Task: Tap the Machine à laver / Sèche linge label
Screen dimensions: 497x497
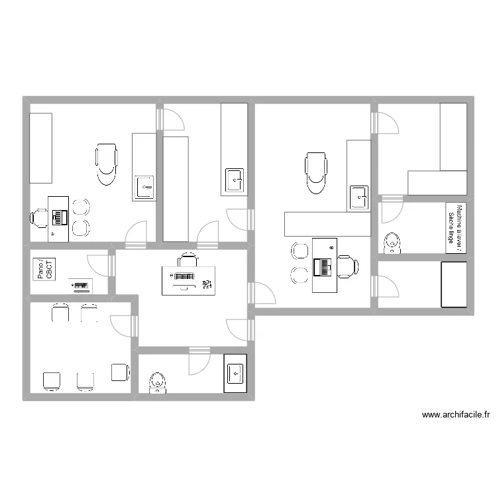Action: (455, 228)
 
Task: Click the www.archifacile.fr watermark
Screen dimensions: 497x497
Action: (456, 415)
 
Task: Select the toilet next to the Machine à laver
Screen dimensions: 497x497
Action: (394, 243)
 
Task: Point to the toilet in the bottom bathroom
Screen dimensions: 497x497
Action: (158, 382)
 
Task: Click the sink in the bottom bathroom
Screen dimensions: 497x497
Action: (235, 374)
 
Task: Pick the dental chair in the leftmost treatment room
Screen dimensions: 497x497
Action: (107, 163)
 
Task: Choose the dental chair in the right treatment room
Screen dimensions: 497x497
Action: (316, 172)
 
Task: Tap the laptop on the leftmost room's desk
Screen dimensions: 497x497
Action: (60, 216)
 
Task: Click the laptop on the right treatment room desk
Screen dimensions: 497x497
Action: (324, 266)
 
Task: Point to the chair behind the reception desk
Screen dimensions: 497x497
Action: (187, 259)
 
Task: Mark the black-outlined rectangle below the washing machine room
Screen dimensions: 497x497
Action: (454, 284)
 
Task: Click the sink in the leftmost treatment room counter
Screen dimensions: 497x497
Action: (144, 188)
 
